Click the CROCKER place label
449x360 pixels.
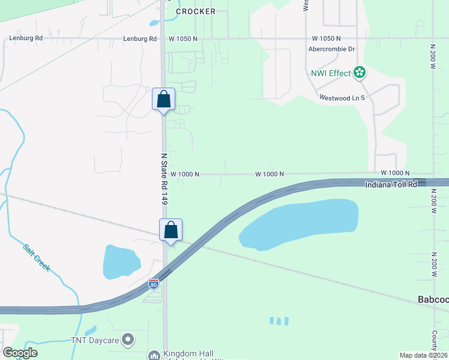click(194, 11)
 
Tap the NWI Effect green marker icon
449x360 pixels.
click(360, 73)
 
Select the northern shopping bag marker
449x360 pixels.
click(163, 100)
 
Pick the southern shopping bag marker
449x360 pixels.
click(170, 230)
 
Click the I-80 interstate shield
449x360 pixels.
click(154, 284)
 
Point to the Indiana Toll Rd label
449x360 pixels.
click(391, 185)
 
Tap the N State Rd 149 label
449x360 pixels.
click(163, 179)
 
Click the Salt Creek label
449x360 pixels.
click(38, 257)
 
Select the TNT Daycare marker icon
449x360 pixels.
click(127, 340)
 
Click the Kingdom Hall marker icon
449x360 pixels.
click(154, 355)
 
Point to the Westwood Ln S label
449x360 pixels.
click(342, 97)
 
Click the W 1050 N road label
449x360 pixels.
click(182, 38)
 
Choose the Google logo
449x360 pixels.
click(20, 353)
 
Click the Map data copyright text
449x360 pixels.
click(423, 355)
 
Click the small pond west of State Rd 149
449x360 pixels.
click(121, 262)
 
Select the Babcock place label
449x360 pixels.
click(433, 299)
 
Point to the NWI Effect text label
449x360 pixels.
click(330, 73)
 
